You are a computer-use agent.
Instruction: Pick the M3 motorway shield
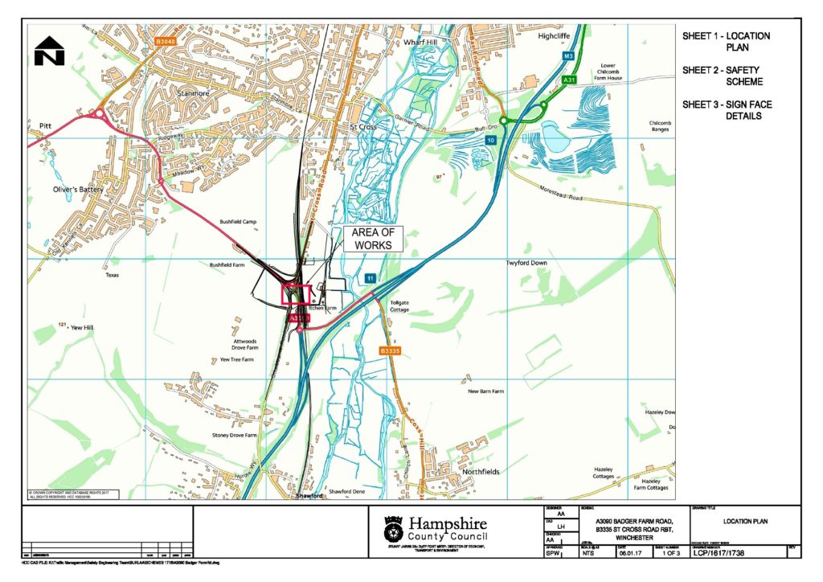point(568,56)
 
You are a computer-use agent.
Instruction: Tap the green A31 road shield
point(570,80)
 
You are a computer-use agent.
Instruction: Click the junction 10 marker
point(489,141)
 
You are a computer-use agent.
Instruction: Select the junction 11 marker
point(370,278)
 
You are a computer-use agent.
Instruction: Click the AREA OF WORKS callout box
point(371,239)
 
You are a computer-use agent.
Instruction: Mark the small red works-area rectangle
point(296,293)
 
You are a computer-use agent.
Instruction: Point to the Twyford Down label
point(526,263)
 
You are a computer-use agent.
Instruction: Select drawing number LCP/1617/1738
point(729,553)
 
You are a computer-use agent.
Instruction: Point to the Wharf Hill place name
point(419,41)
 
